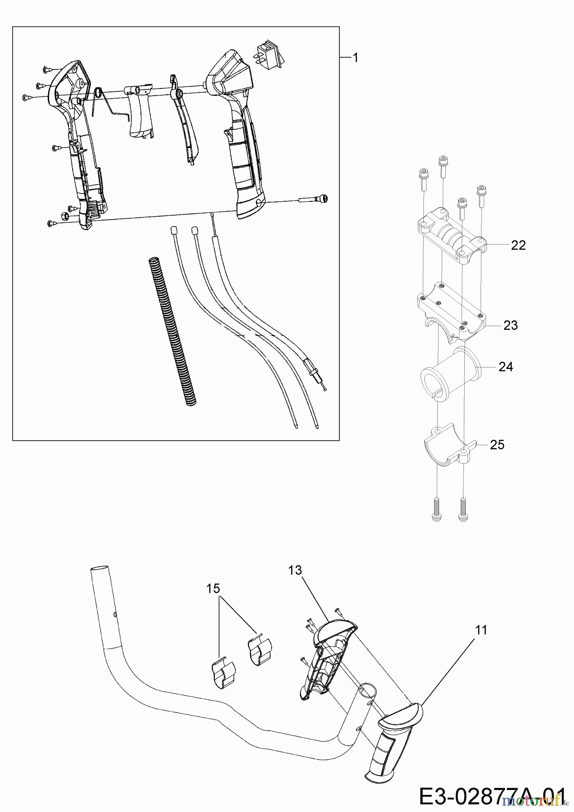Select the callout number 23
pos(510,325)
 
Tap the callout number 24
pos(505,367)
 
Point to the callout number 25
pos(497,445)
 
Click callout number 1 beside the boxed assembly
pos(355,58)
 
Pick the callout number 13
pos(295,570)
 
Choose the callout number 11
pos(481,630)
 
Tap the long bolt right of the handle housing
pos(313,199)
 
